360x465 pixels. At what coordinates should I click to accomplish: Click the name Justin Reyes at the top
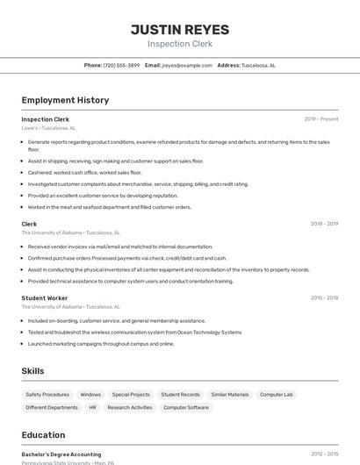[x=179, y=29]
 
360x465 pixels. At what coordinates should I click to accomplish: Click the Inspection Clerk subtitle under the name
[x=179, y=44]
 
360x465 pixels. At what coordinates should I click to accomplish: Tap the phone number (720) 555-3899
[x=121, y=65]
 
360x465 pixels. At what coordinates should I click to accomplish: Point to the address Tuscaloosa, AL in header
[x=258, y=65]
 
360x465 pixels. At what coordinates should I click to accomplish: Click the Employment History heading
[x=65, y=100]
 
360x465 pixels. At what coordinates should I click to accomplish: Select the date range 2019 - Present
[x=321, y=118]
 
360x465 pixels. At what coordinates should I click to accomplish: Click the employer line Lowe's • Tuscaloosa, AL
[x=49, y=128]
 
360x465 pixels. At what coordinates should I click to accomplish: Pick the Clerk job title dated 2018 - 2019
[x=29, y=224]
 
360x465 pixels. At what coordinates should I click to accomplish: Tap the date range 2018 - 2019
[x=324, y=224]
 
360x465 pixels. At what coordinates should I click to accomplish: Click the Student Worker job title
[x=44, y=297]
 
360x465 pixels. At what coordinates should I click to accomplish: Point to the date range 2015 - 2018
[x=324, y=297]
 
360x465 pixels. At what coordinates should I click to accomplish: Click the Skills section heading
[x=32, y=371]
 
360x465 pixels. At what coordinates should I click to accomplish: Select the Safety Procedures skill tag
[x=47, y=395]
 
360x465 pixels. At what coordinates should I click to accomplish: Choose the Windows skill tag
[x=90, y=395]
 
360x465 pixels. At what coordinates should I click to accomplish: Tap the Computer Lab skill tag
[x=276, y=395]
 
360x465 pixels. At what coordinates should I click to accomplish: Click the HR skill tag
[x=93, y=407]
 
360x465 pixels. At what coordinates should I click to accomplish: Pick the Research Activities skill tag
[x=130, y=407]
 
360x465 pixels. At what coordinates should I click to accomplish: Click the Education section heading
[x=43, y=434]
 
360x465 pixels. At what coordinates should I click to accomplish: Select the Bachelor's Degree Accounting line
[x=61, y=454]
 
